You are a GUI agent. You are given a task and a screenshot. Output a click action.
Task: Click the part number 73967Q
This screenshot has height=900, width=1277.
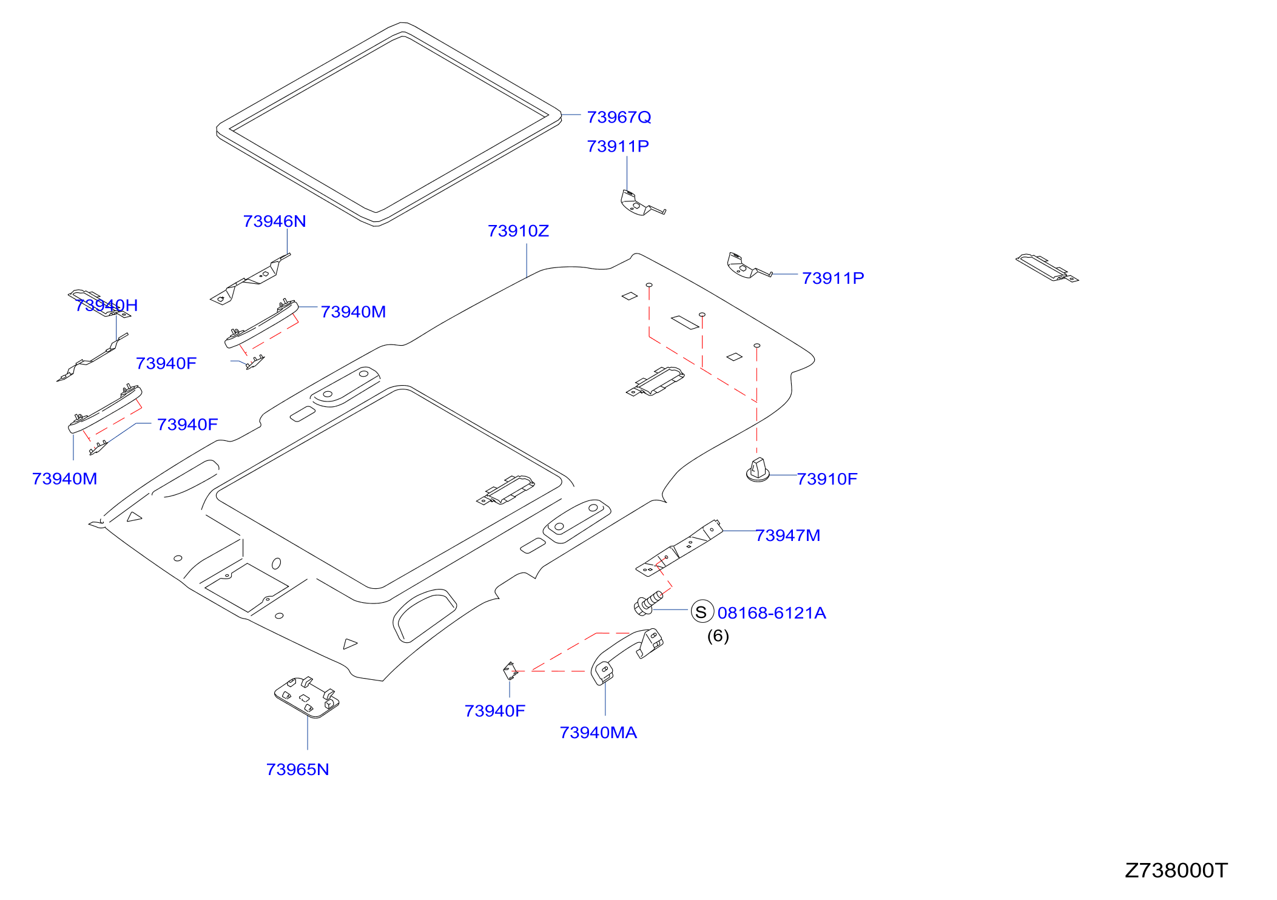[x=619, y=117]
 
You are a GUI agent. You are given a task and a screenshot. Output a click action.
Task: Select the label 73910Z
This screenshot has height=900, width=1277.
[x=518, y=231]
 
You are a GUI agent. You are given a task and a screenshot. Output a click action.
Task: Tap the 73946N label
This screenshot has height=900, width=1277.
[x=274, y=221]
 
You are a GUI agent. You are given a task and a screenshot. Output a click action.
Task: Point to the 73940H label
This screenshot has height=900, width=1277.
[x=107, y=305]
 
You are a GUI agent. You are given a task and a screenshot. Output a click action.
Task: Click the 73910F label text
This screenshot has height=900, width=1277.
[x=827, y=479]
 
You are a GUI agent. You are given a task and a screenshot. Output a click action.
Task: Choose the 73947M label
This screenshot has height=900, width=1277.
[x=787, y=536]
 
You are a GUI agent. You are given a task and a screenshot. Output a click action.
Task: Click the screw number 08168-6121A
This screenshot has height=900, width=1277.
[x=772, y=613]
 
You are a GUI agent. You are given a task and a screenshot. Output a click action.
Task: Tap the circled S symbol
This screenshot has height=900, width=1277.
[x=702, y=612]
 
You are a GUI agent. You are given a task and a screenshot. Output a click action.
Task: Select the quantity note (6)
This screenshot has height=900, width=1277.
[x=718, y=636]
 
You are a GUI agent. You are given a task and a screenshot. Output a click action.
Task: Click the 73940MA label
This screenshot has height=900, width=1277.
[x=598, y=733]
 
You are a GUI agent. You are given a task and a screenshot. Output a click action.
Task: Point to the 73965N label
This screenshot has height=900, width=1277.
[x=297, y=770]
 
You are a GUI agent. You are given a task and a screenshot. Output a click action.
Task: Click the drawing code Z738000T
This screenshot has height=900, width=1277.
[x=1176, y=870]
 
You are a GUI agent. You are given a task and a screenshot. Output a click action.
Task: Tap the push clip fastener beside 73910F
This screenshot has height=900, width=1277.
[x=758, y=471]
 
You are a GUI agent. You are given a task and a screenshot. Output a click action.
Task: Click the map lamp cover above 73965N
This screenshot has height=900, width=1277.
[x=307, y=697]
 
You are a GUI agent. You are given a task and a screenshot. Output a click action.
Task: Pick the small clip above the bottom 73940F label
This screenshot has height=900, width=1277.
[x=510, y=671]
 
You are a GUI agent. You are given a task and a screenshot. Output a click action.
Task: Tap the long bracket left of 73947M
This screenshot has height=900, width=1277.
[x=679, y=548]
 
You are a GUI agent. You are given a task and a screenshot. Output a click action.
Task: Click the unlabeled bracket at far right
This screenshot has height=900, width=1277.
[x=1047, y=267]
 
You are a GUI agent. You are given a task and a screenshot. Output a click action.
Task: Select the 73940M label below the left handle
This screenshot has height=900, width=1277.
[x=64, y=479]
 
